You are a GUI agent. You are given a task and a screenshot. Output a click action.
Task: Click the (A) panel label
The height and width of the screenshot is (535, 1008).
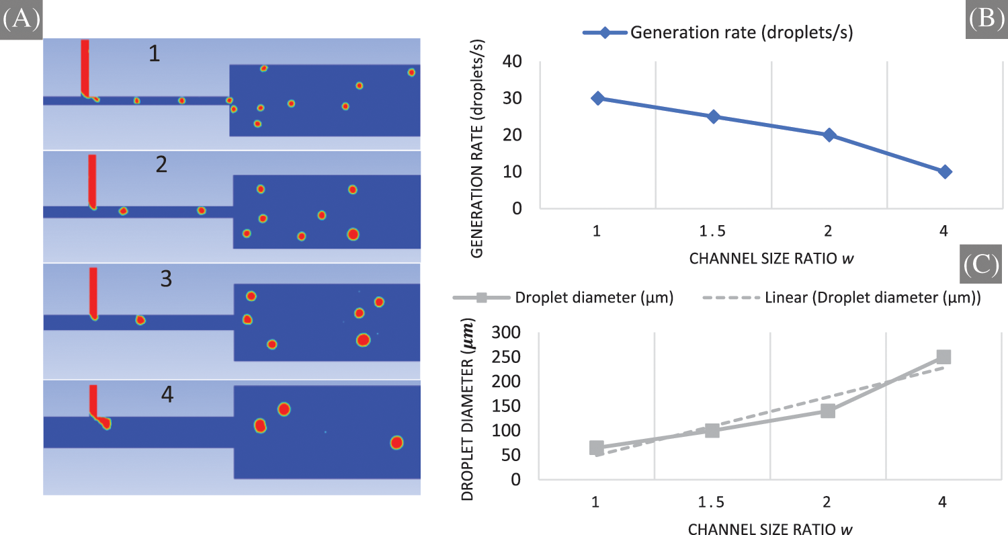pos(20,19)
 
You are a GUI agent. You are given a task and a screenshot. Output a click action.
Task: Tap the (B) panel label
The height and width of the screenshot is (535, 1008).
pos(985,18)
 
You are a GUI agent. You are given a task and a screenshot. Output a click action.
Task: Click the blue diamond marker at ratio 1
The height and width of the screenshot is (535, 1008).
pos(597,98)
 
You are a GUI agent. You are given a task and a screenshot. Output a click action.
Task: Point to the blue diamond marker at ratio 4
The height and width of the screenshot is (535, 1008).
pos(945,172)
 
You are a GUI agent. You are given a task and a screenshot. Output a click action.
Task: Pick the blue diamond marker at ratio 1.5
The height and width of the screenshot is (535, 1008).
pos(714,117)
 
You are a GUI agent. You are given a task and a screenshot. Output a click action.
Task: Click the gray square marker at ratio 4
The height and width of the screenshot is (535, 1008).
pos(943,357)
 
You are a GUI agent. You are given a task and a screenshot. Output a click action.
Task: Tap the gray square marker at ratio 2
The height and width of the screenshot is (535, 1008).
pos(828,411)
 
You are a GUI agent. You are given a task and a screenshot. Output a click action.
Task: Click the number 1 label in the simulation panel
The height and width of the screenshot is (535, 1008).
pos(155,54)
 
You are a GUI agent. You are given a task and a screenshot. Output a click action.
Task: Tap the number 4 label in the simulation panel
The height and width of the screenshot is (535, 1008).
pos(167,395)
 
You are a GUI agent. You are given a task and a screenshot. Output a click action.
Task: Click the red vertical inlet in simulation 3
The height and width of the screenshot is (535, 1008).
pos(93,290)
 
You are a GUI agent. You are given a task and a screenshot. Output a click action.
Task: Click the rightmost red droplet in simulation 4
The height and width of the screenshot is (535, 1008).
pos(396,442)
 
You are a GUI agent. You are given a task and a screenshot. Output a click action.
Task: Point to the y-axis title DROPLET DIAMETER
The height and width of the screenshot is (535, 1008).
pos(468,411)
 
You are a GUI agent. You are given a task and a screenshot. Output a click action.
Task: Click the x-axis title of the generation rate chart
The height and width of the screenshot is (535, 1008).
pos(771,258)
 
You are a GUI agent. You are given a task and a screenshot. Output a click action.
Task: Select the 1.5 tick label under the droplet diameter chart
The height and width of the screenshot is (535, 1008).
pos(712,502)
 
